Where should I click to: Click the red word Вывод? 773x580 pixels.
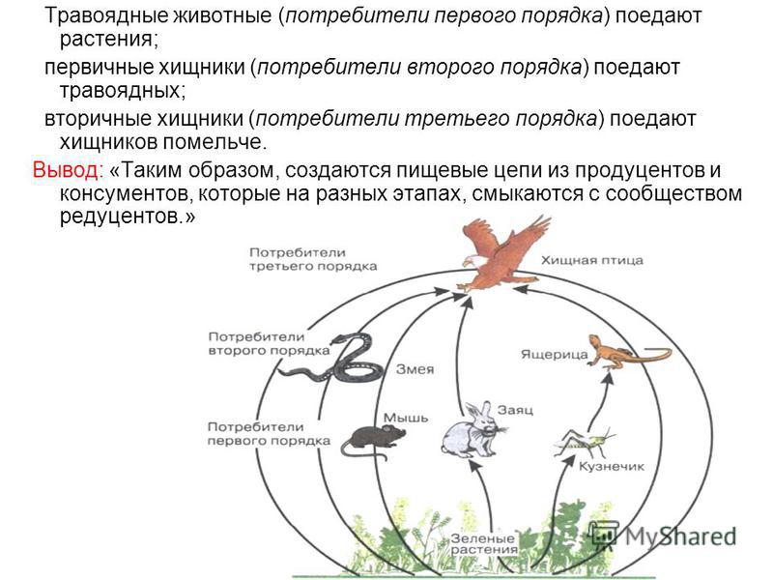point(68,170)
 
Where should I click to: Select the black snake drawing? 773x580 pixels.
point(331,358)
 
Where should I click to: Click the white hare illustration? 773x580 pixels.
point(472,429)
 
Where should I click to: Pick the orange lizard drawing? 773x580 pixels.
point(629,351)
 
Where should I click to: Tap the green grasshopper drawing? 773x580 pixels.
point(586,442)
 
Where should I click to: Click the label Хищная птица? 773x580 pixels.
point(592,260)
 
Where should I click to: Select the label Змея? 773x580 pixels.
point(415,369)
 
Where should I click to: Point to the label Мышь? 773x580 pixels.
point(406,418)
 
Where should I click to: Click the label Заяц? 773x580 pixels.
point(515,410)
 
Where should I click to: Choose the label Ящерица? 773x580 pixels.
point(554,354)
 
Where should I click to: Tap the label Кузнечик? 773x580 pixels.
point(612,466)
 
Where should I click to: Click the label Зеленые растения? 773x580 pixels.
point(484,543)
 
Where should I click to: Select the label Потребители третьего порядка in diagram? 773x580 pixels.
point(313,259)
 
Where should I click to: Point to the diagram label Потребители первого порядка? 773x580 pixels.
point(269,433)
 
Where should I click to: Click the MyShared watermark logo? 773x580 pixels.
point(664,536)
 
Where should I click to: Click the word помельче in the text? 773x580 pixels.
point(215,142)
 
